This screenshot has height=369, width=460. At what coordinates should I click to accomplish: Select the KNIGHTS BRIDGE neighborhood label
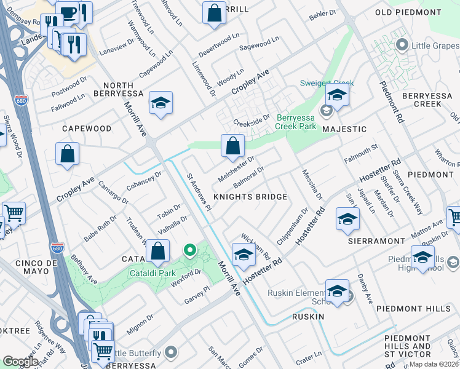(x=250, y=197)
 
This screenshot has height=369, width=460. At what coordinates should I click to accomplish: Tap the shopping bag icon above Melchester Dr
(x=233, y=147)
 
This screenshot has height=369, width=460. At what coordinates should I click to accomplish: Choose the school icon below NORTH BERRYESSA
(x=161, y=104)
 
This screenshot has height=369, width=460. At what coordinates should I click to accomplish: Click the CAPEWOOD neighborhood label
(x=87, y=129)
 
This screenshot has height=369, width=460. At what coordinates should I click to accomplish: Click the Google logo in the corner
(x=20, y=361)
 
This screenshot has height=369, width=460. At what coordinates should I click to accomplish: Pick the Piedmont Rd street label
(x=391, y=101)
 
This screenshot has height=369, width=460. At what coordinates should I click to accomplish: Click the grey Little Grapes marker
(x=403, y=44)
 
